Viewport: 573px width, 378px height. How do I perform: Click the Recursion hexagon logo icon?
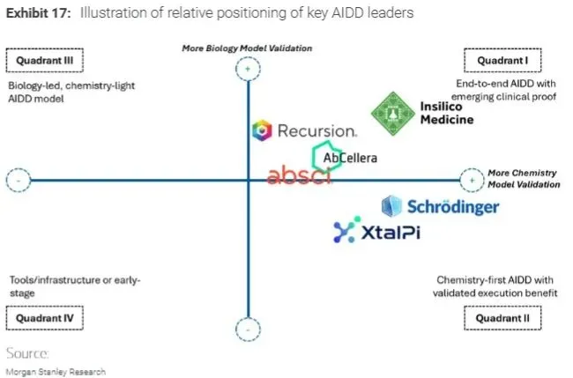[262, 131]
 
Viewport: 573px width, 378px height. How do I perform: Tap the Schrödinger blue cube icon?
[391, 206]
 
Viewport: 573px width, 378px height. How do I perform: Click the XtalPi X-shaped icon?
[344, 232]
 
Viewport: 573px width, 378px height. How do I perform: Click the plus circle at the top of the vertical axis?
[249, 68]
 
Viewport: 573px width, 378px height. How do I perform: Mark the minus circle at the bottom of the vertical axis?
[249, 330]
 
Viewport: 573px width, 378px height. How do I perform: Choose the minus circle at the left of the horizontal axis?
[18, 182]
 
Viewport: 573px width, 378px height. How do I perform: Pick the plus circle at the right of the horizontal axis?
[473, 181]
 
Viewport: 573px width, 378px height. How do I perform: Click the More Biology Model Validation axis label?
[248, 48]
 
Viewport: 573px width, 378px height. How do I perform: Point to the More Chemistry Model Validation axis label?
[524, 179]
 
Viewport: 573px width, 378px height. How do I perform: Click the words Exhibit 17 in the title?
[33, 13]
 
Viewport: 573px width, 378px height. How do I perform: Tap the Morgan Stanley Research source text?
[56, 372]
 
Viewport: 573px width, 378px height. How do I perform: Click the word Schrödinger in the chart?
[453, 207]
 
